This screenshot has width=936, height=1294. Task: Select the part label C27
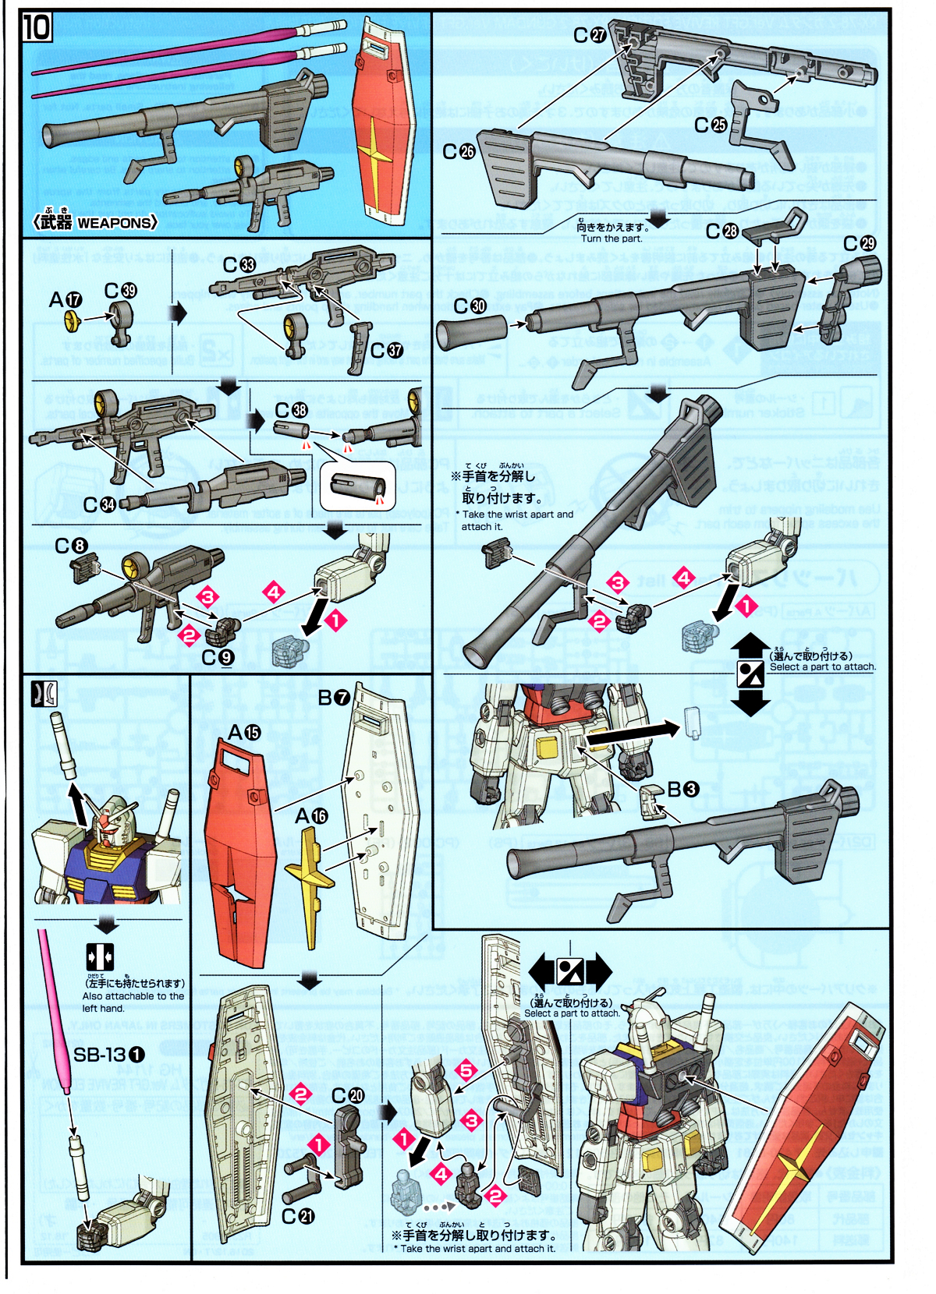pos(590,35)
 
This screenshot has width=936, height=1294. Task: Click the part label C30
pos(470,306)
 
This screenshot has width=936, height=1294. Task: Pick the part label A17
pos(65,299)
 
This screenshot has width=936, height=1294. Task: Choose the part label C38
pos(291,410)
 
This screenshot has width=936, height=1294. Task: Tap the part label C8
pos(71,546)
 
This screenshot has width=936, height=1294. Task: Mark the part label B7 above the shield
pos(333,698)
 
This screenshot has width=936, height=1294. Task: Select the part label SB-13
pos(109,1055)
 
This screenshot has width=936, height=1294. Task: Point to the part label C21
pos(298,1216)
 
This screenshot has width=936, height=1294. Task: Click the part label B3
pos(682,790)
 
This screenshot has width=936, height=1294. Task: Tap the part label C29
pos(860,243)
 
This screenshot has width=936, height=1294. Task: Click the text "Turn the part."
pos(612,239)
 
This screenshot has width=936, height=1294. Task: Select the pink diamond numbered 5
pos(466,1070)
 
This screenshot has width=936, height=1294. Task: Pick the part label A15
pos(244,732)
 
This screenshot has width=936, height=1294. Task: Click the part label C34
pos(99,505)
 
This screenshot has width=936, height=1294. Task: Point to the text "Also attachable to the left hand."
pos(133,1002)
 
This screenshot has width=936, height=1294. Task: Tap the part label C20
pos(348,1095)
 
